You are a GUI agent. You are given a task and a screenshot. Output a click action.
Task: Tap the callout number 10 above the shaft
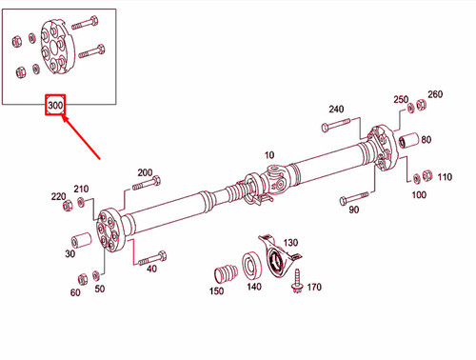point(268,154)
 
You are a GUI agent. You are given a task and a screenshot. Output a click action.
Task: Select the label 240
point(336,110)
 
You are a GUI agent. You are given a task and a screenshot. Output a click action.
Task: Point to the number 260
point(435,95)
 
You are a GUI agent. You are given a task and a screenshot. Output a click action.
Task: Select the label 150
point(218,293)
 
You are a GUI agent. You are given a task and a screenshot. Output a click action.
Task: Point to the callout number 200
point(145,172)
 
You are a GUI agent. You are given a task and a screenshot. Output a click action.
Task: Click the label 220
point(58,196)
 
